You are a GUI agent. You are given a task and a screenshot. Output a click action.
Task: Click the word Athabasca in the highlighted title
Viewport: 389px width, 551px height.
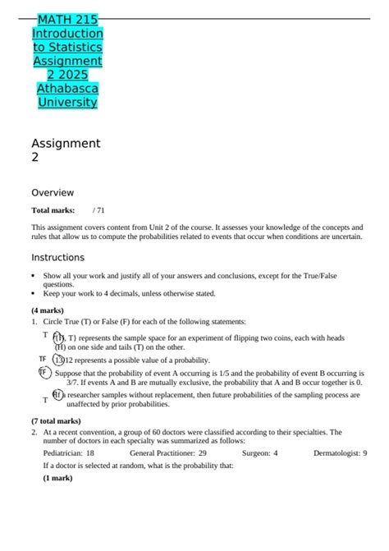[x=67, y=88]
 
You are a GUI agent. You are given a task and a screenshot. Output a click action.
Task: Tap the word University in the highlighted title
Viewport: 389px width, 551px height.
[x=67, y=102]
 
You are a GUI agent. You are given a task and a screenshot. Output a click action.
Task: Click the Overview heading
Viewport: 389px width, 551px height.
[x=52, y=192]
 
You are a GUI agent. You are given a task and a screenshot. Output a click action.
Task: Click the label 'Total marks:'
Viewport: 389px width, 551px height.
[x=53, y=210]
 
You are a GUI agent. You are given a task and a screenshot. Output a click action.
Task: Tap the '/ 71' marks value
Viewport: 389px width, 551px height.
[x=99, y=210]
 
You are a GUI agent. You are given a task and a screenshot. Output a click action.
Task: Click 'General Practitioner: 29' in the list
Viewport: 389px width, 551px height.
[x=167, y=452]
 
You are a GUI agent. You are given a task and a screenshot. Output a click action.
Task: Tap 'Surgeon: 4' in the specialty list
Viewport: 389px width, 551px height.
[x=259, y=452]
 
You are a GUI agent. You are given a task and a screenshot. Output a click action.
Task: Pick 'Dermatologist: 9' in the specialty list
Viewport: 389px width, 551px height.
[x=340, y=452]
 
